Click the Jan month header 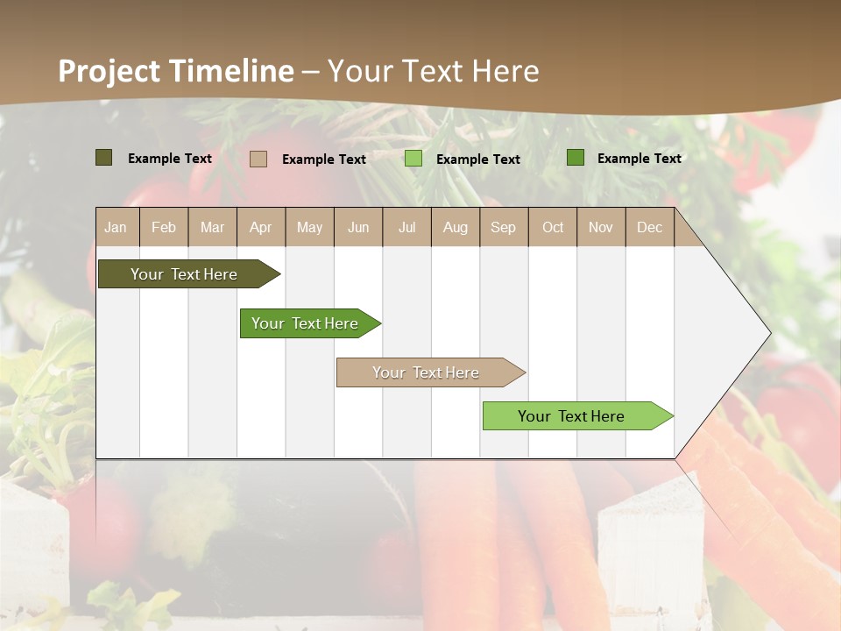pyautogui.click(x=116, y=227)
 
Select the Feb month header pyautogui.click(x=164, y=227)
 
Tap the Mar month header pyautogui.click(x=212, y=227)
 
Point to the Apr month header pyautogui.click(x=261, y=227)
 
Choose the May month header pyautogui.click(x=309, y=227)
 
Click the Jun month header pyautogui.click(x=358, y=227)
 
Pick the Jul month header pyautogui.click(x=406, y=227)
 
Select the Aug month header pyautogui.click(x=456, y=227)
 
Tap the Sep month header pyautogui.click(x=504, y=227)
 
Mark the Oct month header pyautogui.click(x=553, y=227)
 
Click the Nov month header pyautogui.click(x=601, y=227)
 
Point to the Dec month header pyautogui.click(x=650, y=227)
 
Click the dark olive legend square pyautogui.click(x=104, y=158)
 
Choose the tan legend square pyautogui.click(x=258, y=159)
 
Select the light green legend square pyautogui.click(x=413, y=159)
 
